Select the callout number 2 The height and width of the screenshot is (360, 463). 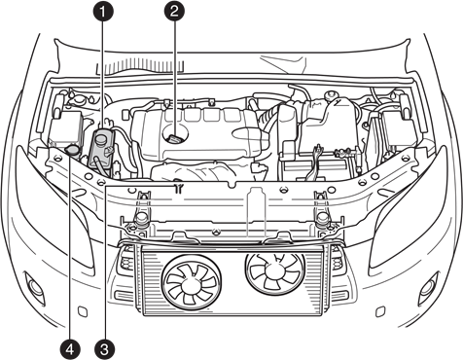coord(174,12)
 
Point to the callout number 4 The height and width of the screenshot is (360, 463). coord(69,346)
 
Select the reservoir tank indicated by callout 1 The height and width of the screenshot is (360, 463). coord(103,146)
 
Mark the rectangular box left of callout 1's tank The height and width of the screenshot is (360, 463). coord(68,129)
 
